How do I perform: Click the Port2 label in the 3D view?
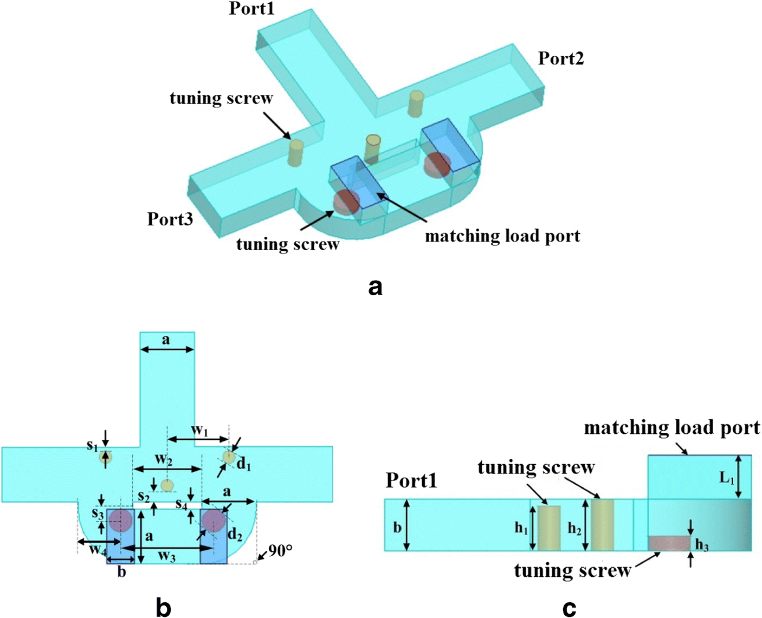(x=561, y=58)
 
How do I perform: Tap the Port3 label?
(x=170, y=219)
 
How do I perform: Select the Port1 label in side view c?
(x=411, y=480)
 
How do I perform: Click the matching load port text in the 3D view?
(x=502, y=236)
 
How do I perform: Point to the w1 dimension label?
(x=199, y=431)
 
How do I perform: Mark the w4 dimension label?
(x=98, y=550)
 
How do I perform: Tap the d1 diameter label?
(x=244, y=465)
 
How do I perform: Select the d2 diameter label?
(x=235, y=536)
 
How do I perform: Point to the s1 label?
(x=92, y=446)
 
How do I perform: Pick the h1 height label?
(x=521, y=528)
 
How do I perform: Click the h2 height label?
(x=574, y=528)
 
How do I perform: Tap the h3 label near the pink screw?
(x=702, y=545)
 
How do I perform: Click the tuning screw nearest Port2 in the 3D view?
(x=416, y=104)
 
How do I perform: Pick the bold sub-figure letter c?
(x=569, y=608)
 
